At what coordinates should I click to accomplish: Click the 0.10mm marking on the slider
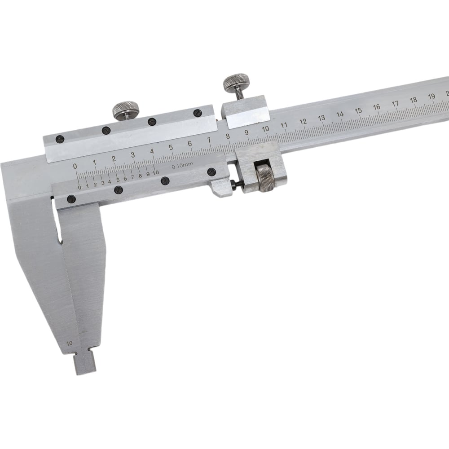pyautogui.click(x=182, y=165)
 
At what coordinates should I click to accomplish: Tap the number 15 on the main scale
pyautogui.click(x=358, y=111)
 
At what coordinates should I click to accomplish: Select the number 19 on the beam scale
pyautogui.click(x=432, y=97)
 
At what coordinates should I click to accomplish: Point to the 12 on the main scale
pyautogui.click(x=303, y=121)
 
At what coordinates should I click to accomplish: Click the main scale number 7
pyautogui.click(x=209, y=140)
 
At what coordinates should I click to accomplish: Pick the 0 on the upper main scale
pyautogui.click(x=75, y=166)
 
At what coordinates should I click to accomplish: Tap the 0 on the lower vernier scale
pyautogui.click(x=79, y=188)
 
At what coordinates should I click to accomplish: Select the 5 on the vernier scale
pyautogui.click(x=118, y=180)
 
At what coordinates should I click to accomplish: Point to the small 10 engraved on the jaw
pyautogui.click(x=69, y=343)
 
